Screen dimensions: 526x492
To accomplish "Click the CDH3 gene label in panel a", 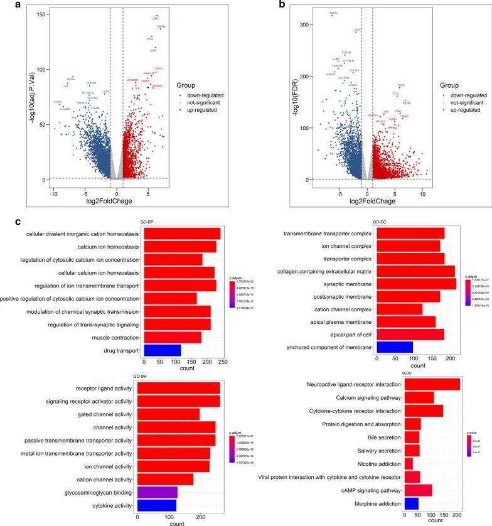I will pyautogui.click(x=155, y=19).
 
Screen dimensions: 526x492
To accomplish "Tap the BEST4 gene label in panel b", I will pyautogui.click(x=333, y=13).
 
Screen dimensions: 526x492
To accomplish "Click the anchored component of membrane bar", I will pyautogui.click(x=394, y=346).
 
